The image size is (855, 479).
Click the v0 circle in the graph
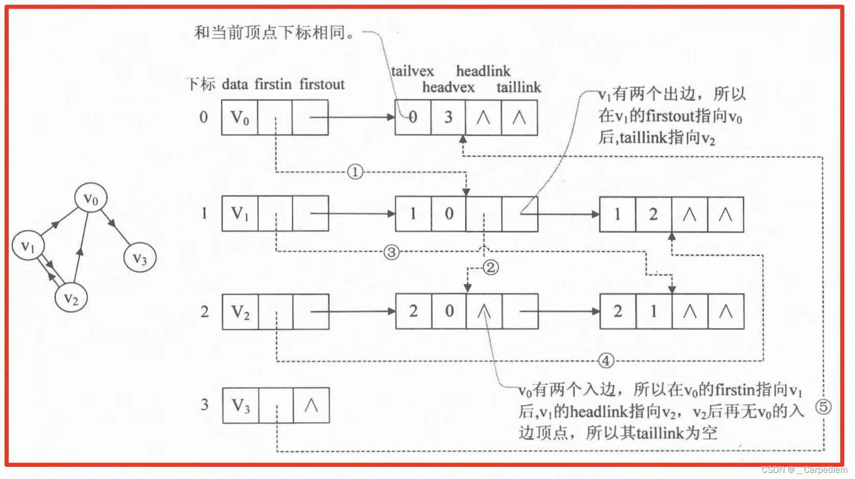click(x=91, y=199)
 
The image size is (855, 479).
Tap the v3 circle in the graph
click(x=140, y=258)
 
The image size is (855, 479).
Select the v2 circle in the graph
click(x=71, y=298)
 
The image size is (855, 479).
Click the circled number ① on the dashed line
click(x=355, y=172)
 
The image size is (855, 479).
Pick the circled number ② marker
click(x=490, y=267)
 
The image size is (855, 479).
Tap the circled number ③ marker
click(x=391, y=252)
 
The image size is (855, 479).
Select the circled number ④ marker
click(x=606, y=361)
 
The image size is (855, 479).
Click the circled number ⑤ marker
click(x=823, y=407)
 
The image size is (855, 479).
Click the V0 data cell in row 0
click(x=240, y=117)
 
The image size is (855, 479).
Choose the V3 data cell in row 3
click(x=241, y=405)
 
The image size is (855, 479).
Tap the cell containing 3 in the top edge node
click(x=448, y=117)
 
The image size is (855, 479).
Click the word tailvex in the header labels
click(x=412, y=71)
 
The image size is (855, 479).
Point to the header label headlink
click(x=483, y=71)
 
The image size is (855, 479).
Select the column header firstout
click(x=322, y=84)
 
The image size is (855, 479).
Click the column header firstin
click(x=273, y=84)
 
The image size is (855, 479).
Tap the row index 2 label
click(x=205, y=312)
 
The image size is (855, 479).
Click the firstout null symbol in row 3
click(x=311, y=405)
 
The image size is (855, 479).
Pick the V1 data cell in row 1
click(x=240, y=213)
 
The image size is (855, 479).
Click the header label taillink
click(x=518, y=87)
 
